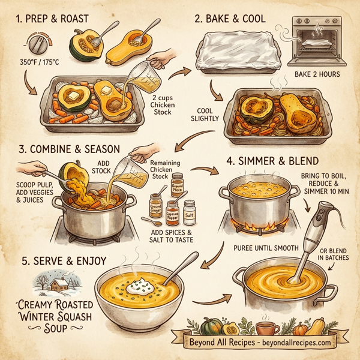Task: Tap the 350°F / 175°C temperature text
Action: (37, 62)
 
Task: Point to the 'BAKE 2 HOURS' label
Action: (319, 74)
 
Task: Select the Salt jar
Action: (190, 212)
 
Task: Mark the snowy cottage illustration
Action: (55, 283)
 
